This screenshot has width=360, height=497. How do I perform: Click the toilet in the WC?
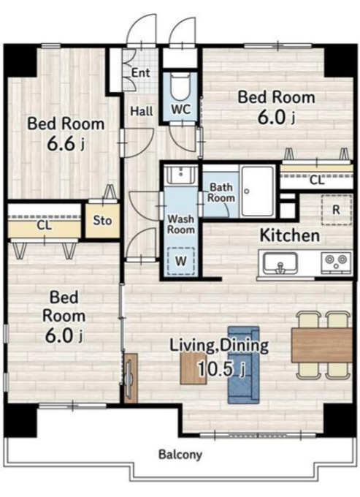[x=180, y=86]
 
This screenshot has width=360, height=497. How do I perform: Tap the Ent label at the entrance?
[x=141, y=73]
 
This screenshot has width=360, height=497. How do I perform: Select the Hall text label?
[x=142, y=111]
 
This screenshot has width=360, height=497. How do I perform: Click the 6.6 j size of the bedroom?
[x=66, y=144]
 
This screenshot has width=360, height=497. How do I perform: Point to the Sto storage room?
[x=102, y=220]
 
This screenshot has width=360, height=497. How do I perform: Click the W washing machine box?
[x=181, y=261]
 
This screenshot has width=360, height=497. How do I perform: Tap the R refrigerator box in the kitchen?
[x=337, y=210]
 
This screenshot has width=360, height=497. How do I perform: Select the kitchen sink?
[x=280, y=263]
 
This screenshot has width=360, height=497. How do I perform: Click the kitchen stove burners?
[x=337, y=262]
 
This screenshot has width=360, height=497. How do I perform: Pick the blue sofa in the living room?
[x=243, y=365]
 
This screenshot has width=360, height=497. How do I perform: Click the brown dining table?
[x=322, y=345]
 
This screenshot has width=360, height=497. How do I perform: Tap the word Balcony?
[x=180, y=455]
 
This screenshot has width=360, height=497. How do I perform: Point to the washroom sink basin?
[x=181, y=175]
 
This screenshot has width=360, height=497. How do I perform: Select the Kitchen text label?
[x=290, y=236]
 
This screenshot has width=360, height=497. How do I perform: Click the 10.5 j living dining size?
[x=222, y=368]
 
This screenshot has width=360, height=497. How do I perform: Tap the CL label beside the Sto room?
[x=44, y=225]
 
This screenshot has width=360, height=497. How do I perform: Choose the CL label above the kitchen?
[x=317, y=181]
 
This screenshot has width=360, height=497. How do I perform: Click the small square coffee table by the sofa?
[x=194, y=368]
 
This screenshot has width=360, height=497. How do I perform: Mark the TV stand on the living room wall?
[x=131, y=378]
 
